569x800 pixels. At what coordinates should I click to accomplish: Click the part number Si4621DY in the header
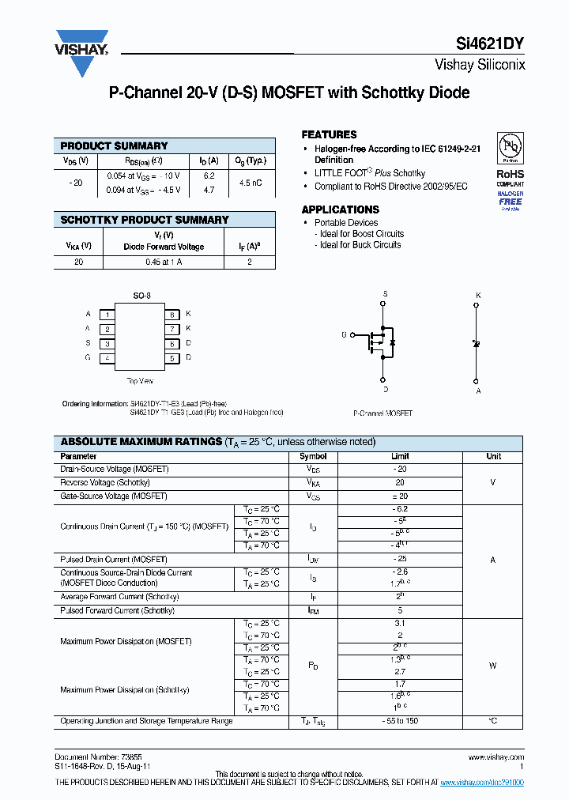(x=491, y=45)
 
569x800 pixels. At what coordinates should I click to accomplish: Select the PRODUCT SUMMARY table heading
(x=114, y=146)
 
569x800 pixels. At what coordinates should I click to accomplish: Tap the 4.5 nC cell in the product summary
(x=250, y=183)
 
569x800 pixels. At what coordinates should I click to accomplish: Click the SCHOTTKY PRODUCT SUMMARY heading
(x=145, y=220)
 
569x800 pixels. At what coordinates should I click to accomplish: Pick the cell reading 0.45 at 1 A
(x=164, y=262)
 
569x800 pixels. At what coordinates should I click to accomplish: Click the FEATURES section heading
(x=329, y=134)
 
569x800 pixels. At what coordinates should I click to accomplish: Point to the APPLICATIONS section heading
(x=340, y=209)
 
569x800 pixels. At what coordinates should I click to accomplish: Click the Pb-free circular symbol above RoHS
(x=509, y=148)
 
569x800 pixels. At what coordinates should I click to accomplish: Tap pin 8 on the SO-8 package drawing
(x=171, y=315)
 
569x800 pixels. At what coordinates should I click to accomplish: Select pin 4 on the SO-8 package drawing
(x=107, y=358)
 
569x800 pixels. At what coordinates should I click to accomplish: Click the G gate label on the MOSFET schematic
(x=344, y=335)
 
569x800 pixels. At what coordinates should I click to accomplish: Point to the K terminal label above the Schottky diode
(x=477, y=296)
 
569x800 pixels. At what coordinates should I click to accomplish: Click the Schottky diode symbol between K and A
(x=477, y=344)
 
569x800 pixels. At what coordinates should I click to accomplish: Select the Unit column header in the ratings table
(x=493, y=457)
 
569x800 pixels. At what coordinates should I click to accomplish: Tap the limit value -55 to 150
(x=400, y=722)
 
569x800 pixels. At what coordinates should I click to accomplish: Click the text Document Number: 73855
(x=88, y=757)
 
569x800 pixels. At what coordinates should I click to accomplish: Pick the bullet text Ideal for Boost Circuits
(x=361, y=234)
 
